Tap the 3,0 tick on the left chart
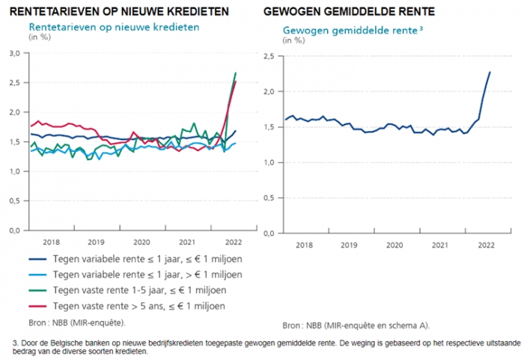coord(14,54)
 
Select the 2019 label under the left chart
coord(96,242)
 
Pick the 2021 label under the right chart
coord(440,245)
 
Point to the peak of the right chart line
coord(490,72)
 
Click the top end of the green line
coord(236,73)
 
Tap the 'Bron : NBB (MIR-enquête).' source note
coord(77,323)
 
